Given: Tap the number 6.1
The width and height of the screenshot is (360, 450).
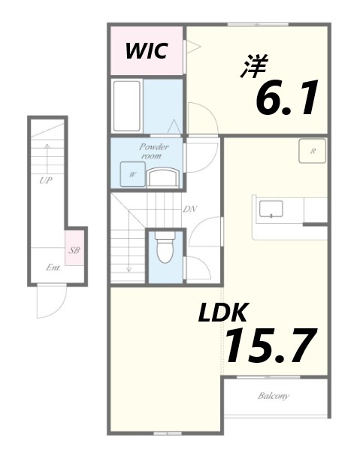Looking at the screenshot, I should coord(288,98).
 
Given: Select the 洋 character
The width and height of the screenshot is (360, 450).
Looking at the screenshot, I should coord(253,67).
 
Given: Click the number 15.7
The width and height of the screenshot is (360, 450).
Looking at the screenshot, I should coord(268,345).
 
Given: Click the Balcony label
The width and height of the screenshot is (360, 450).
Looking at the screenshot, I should coord(274,396).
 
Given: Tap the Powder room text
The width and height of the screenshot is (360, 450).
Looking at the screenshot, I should coord(153,150).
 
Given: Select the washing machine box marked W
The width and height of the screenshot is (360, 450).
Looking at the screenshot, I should coord(133,175).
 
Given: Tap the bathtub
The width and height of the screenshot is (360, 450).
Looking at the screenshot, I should coord(127,104).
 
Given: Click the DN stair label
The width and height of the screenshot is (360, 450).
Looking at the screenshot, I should coord(189,209).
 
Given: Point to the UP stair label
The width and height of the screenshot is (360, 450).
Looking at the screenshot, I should coord(45,181).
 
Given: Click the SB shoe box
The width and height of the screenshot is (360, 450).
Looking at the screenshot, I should coord(74,250).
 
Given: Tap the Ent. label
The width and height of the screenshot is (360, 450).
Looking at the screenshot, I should coord(53,267).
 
